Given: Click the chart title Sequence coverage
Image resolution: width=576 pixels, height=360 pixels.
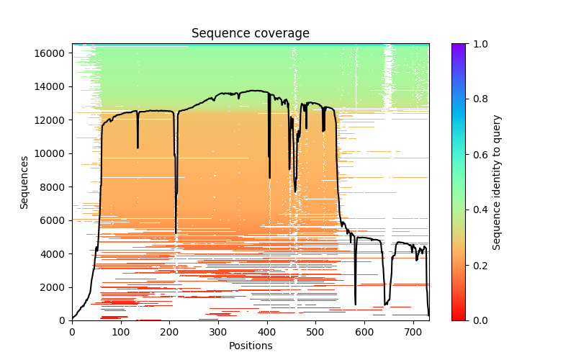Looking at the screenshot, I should [x=251, y=34].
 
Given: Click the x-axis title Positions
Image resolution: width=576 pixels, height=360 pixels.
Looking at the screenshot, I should [x=251, y=346].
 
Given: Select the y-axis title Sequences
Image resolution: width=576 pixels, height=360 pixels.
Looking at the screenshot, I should [x=24, y=182].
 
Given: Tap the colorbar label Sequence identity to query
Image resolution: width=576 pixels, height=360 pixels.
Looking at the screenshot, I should [x=497, y=182].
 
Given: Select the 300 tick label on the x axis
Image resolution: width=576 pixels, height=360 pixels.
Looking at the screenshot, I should [x=218, y=332].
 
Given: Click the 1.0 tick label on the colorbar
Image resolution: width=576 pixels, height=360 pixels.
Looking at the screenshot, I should [x=479, y=44].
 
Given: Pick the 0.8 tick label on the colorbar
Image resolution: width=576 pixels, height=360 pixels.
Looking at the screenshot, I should [x=479, y=99].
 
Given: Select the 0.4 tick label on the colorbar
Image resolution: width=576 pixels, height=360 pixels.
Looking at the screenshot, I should [x=479, y=210].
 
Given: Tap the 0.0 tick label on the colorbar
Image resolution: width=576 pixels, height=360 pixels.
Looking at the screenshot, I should [x=479, y=320].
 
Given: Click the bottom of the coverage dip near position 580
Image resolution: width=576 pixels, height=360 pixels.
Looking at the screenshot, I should [x=355, y=304].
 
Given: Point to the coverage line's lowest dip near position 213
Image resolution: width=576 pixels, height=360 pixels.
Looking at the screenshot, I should [x=176, y=233].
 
